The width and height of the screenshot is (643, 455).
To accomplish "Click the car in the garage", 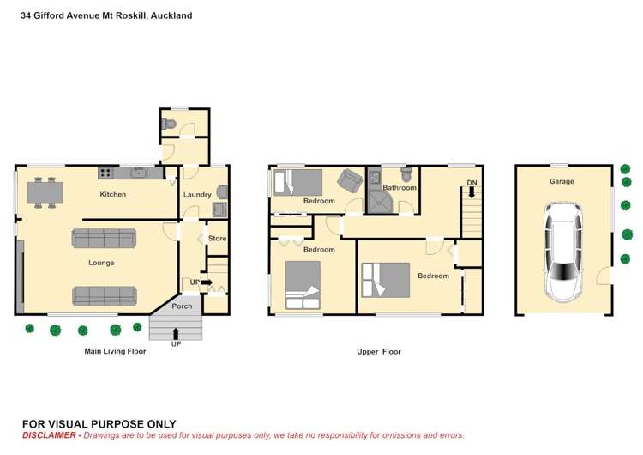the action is (562, 252).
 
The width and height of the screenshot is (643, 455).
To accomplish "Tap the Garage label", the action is (562, 181).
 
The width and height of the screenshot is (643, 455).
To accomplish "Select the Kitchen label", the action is (113, 194).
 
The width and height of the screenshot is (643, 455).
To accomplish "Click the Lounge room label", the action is (101, 263).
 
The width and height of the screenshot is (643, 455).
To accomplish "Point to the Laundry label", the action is (197, 195).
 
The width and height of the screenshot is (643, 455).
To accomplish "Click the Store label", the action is (218, 238).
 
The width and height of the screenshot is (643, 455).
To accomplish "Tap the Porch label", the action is (182, 306).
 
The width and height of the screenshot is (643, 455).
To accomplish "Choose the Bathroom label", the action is (400, 188).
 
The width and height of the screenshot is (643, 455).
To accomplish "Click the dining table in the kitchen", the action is (45, 192).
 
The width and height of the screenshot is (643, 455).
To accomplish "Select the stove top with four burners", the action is (105, 173).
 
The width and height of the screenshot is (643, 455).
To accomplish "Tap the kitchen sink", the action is (140, 173).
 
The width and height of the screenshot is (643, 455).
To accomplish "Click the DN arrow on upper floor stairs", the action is (472, 192).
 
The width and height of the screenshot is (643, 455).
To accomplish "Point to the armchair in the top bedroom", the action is (350, 180).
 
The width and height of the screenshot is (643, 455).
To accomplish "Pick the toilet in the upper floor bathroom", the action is (406, 174).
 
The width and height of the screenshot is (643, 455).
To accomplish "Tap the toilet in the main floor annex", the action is (169, 124).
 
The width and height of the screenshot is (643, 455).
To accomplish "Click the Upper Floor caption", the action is (379, 351).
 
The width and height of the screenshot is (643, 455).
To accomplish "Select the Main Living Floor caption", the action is (115, 351).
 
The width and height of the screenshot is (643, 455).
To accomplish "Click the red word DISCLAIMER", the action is (49, 435).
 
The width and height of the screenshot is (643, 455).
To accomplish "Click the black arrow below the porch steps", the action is (176, 334).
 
